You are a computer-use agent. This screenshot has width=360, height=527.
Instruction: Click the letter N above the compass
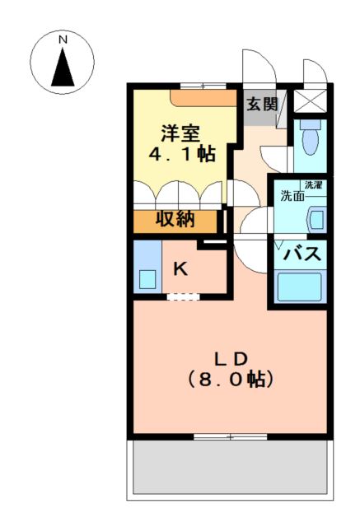coord(62,39)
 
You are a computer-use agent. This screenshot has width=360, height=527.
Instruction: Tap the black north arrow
coord(63,68)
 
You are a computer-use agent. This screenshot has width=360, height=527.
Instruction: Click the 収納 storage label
coord(176,221)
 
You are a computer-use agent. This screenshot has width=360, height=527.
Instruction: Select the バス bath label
coord(301,254)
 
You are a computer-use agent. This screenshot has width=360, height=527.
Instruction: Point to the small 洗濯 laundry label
coord(313,184)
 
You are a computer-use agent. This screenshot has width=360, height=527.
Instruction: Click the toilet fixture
coord(310,141)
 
